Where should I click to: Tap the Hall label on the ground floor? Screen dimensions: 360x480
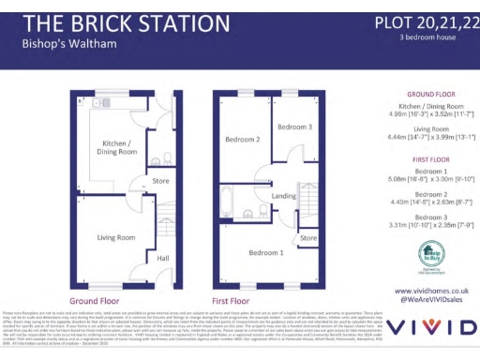163,258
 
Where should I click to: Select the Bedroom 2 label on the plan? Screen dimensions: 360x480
242,140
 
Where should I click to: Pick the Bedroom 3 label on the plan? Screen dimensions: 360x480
293,125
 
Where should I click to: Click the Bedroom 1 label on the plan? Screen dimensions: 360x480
268,253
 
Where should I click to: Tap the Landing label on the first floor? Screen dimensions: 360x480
285,195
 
